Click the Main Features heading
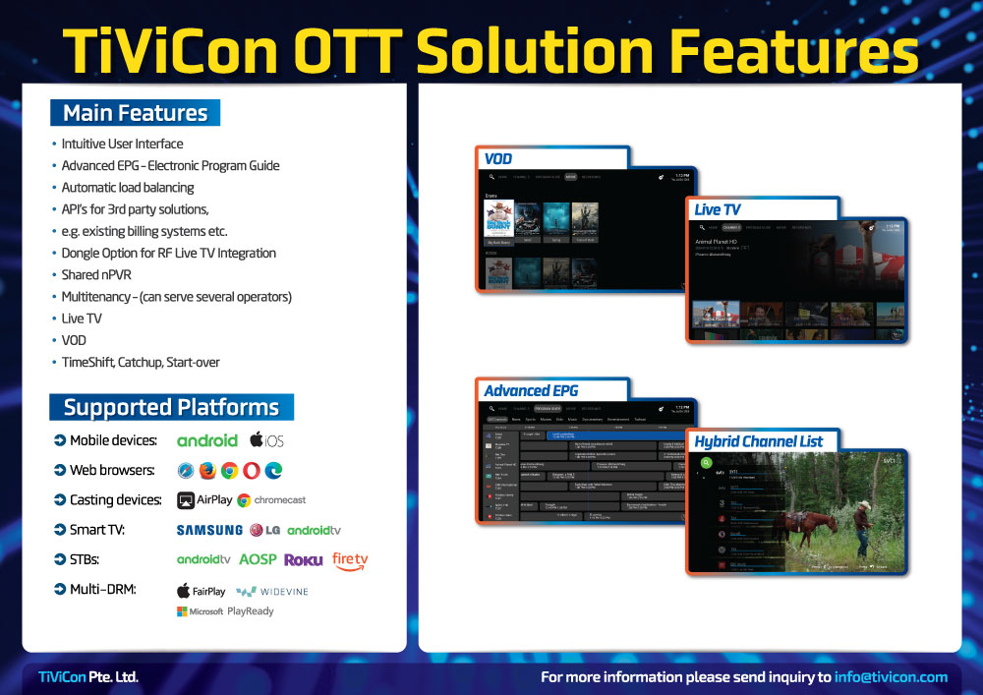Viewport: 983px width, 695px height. [x=136, y=113]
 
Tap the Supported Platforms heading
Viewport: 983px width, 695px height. [x=171, y=407]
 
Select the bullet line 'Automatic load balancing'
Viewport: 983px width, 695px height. [x=128, y=188]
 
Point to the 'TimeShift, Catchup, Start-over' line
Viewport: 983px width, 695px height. [x=141, y=363]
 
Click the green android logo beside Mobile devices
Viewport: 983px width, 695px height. [x=206, y=440]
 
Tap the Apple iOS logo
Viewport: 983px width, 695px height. [x=266, y=440]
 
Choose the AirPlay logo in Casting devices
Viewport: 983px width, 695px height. [x=204, y=500]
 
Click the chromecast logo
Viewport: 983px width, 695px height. [x=271, y=500]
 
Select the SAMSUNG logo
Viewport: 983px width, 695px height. [x=209, y=530]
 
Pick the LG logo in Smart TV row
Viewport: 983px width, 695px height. [x=265, y=530]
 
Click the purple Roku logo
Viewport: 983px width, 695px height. [x=304, y=560]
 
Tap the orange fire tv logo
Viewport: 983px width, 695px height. [x=350, y=560]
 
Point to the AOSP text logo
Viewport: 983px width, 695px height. [x=258, y=560]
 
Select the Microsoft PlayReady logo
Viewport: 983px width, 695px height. [x=225, y=611]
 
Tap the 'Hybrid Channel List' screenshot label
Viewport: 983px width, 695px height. [x=758, y=441]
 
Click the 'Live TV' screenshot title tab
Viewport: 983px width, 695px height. [x=718, y=209]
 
